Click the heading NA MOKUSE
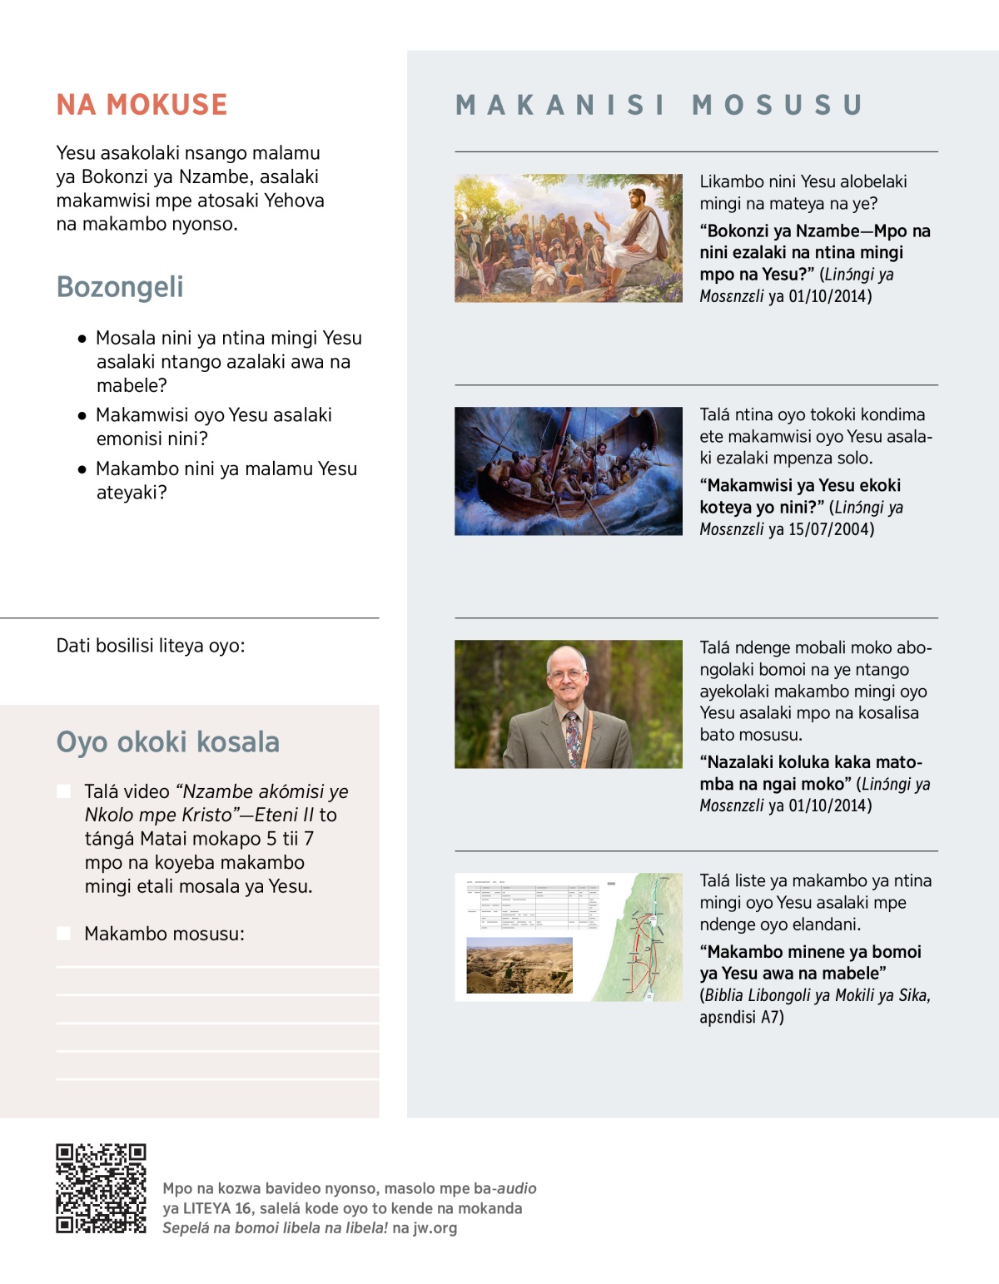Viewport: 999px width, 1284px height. [x=142, y=105]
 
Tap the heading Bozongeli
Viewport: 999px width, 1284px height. [x=120, y=287]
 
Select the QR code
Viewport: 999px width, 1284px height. [x=101, y=1188]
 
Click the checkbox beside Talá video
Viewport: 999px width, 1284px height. [x=63, y=791]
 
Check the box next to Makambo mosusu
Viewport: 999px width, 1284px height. [x=63, y=934]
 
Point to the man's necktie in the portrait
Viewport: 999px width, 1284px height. [x=572, y=736]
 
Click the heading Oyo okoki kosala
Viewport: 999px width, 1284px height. [x=167, y=742]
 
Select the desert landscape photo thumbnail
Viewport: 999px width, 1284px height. [x=519, y=965]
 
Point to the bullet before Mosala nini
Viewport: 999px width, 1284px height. [x=82, y=340]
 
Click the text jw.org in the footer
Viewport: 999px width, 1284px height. [x=435, y=1227]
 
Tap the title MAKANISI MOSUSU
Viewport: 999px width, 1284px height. [x=659, y=105]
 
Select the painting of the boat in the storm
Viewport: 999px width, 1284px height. [x=569, y=471]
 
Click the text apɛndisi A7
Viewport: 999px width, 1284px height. [x=742, y=1017]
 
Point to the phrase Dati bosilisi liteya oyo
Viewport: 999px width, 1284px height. [x=151, y=646]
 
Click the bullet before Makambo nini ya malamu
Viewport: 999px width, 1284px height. [x=82, y=470]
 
